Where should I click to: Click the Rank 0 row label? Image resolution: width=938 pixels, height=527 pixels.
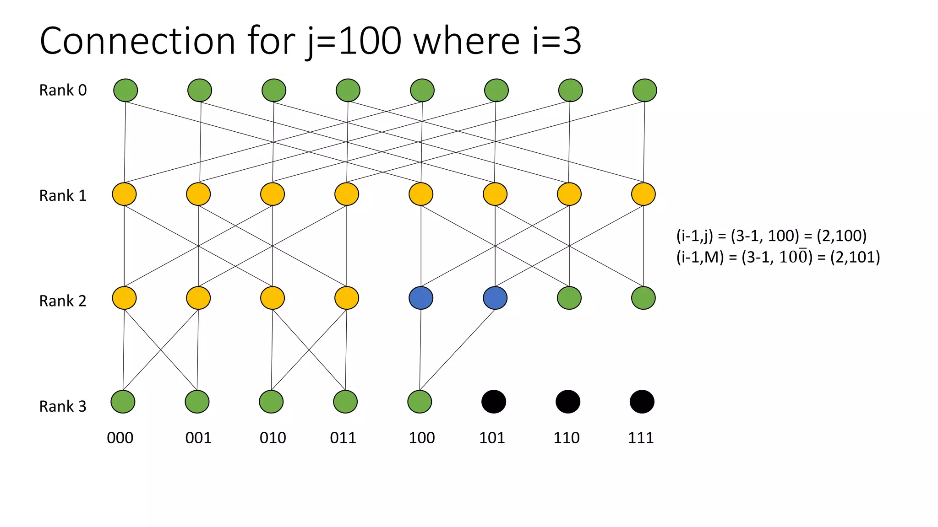(x=63, y=90)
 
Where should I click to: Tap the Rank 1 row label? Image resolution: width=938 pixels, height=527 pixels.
(x=63, y=195)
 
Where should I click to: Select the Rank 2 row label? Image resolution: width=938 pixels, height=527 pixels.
(x=63, y=301)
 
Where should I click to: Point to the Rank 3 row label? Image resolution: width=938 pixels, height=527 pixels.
(x=63, y=406)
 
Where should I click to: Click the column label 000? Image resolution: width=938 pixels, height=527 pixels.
(x=120, y=438)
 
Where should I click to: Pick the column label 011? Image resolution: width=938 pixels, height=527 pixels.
(x=343, y=438)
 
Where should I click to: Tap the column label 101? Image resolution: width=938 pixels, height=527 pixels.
(x=492, y=438)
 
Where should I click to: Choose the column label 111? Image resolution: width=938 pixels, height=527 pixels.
(x=641, y=438)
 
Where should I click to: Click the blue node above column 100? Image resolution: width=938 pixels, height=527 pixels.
(x=421, y=298)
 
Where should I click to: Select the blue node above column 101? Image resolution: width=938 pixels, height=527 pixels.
(x=495, y=298)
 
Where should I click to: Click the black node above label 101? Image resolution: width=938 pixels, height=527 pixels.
(x=494, y=402)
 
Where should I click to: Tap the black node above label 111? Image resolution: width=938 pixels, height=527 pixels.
(x=642, y=402)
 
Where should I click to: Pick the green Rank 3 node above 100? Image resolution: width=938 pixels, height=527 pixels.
(x=420, y=402)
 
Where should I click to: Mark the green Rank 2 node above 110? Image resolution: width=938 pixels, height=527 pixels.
(x=569, y=298)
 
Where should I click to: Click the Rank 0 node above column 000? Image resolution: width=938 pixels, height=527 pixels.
(x=125, y=90)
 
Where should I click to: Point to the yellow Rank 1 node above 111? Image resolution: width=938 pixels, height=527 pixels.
(x=644, y=194)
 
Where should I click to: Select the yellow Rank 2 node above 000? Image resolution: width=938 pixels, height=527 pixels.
(x=124, y=298)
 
